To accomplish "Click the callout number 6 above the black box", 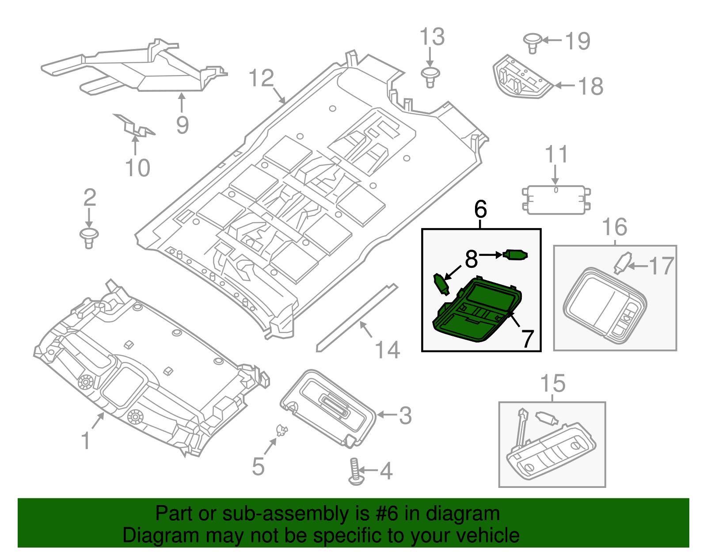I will [x=480, y=209].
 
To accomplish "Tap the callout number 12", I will [x=262, y=79].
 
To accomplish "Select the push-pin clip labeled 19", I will [x=532, y=42].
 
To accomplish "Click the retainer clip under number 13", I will [x=430, y=77].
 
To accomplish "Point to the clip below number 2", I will [x=89, y=238].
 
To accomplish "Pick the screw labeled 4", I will [x=355, y=472].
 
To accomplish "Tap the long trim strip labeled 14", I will [x=356, y=318].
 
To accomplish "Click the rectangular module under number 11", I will [x=556, y=200].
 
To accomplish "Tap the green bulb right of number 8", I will [x=515, y=255].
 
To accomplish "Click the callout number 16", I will [x=614, y=227].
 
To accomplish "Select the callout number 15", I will [x=552, y=384].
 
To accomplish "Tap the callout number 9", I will [x=182, y=125].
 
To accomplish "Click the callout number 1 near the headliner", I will [x=86, y=441].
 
